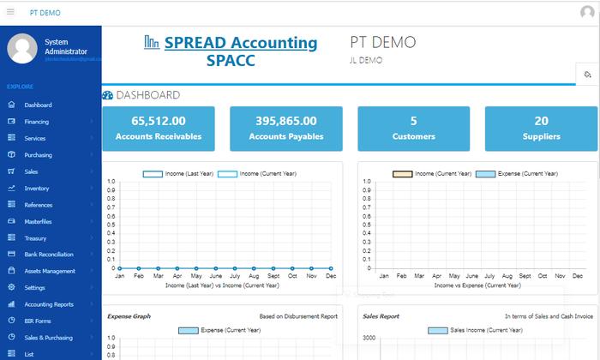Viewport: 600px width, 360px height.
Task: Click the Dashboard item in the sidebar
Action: tap(38, 105)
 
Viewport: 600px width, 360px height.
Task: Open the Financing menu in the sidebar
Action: tap(36, 122)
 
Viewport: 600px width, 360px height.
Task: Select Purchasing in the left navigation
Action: tap(38, 155)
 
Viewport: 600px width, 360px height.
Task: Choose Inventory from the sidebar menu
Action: tap(36, 189)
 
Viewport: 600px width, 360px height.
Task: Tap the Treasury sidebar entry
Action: tap(35, 238)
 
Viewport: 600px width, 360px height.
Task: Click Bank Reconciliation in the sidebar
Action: tap(48, 255)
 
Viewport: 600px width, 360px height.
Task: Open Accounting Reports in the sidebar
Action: tap(48, 304)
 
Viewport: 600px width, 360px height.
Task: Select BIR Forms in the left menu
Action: tap(39, 321)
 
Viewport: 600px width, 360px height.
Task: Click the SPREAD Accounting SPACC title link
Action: tap(231, 51)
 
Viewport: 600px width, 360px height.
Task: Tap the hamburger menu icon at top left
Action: tap(11, 12)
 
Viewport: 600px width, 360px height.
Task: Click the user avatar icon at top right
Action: tap(586, 12)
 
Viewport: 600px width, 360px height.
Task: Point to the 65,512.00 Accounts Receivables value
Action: tap(159, 121)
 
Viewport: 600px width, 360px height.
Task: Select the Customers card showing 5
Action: tap(413, 128)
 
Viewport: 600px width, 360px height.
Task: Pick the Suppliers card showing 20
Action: tap(541, 128)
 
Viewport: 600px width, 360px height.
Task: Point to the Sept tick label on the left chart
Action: tap(273, 276)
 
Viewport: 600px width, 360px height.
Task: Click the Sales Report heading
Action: tap(381, 316)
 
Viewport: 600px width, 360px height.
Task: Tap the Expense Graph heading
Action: tap(129, 316)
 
